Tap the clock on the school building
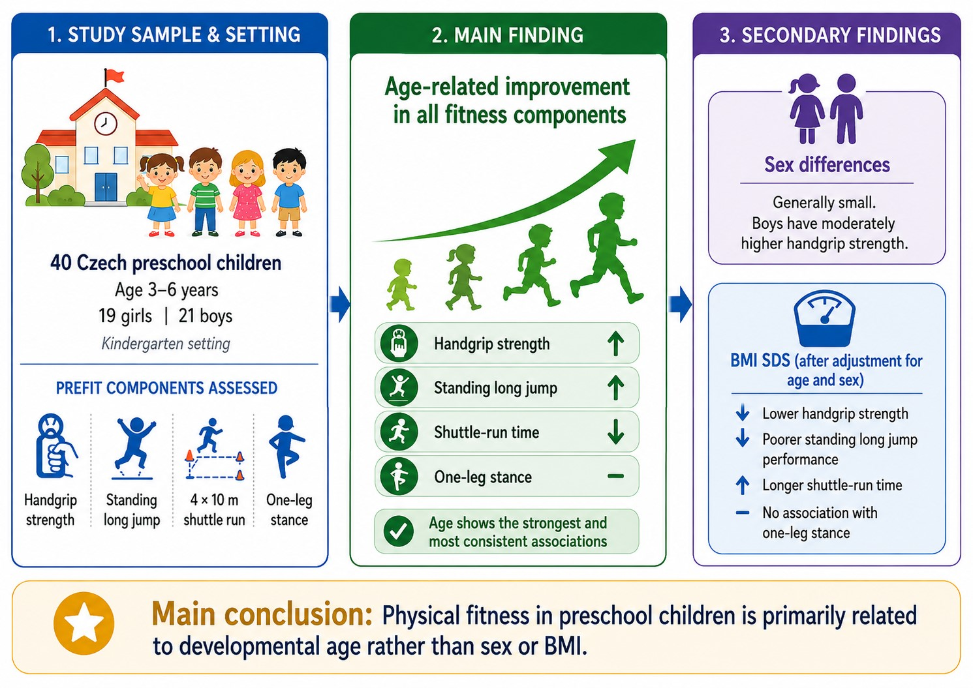coord(106,123)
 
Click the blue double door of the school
coord(106,187)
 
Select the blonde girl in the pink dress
coord(247,193)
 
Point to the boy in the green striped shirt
coord(205,192)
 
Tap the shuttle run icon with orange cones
coord(214,449)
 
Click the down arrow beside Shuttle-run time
coord(615,432)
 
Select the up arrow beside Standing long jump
coord(615,387)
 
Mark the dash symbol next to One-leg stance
coord(615,476)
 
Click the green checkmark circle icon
coord(398,531)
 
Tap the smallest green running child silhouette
coord(401,285)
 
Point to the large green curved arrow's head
coord(619,155)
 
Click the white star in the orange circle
coord(84,623)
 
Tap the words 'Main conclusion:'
coord(262,615)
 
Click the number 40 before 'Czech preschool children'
coord(61,263)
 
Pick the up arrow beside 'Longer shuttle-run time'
coord(743,485)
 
